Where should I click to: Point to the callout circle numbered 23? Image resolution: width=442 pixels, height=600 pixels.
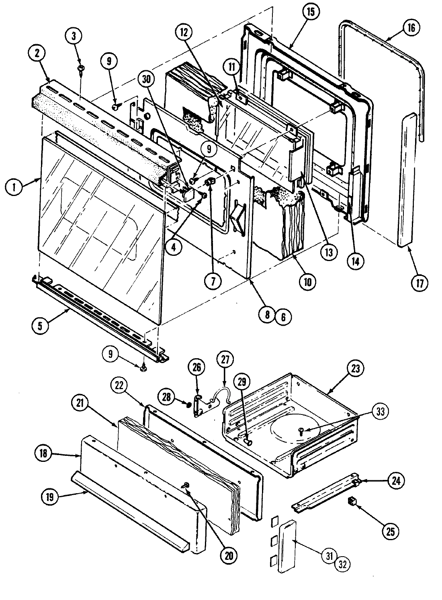(x=357, y=368)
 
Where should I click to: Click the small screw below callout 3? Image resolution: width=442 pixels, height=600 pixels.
(x=81, y=70)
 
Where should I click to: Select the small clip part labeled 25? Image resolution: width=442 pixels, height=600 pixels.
(x=352, y=501)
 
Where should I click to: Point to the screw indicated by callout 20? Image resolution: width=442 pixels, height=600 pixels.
(x=186, y=486)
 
